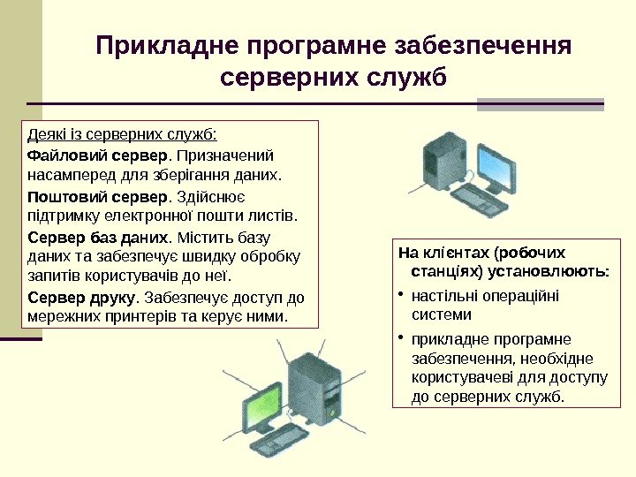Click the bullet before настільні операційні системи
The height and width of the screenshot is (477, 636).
[401, 295]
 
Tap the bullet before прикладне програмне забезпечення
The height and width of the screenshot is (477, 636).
[401, 338]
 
